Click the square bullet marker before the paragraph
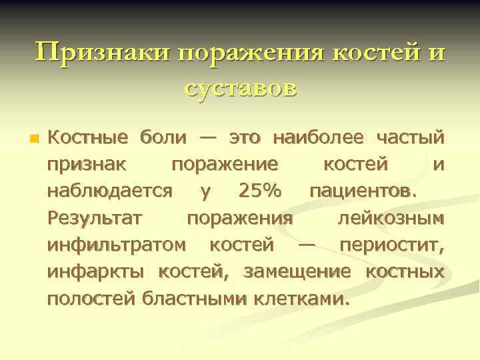click(x=34, y=140)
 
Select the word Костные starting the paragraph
click(x=87, y=139)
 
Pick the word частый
click(x=411, y=139)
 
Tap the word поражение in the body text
click(x=225, y=165)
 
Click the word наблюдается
click(x=110, y=191)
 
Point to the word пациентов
click(x=365, y=191)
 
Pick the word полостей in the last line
click(x=93, y=298)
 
